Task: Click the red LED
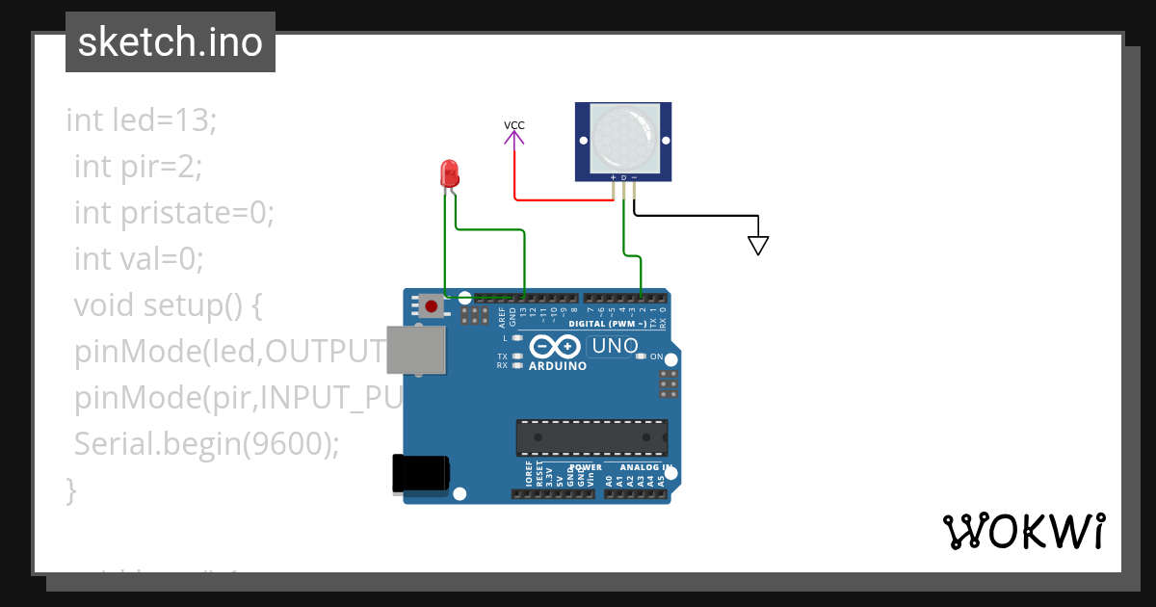[449, 173]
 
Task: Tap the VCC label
[514, 125]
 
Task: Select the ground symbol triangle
[758, 246]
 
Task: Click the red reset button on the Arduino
[431, 307]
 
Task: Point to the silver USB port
[416, 349]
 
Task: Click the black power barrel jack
[421, 474]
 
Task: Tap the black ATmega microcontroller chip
[591, 437]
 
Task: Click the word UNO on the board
[615, 346]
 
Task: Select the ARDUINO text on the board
[558, 366]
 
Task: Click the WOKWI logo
[1023, 531]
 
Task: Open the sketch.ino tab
[171, 42]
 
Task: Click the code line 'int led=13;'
[143, 120]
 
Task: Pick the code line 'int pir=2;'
[138, 167]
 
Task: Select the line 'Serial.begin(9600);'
[207, 444]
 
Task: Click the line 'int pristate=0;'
[174, 213]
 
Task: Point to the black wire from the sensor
[694, 215]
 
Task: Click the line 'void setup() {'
[168, 305]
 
